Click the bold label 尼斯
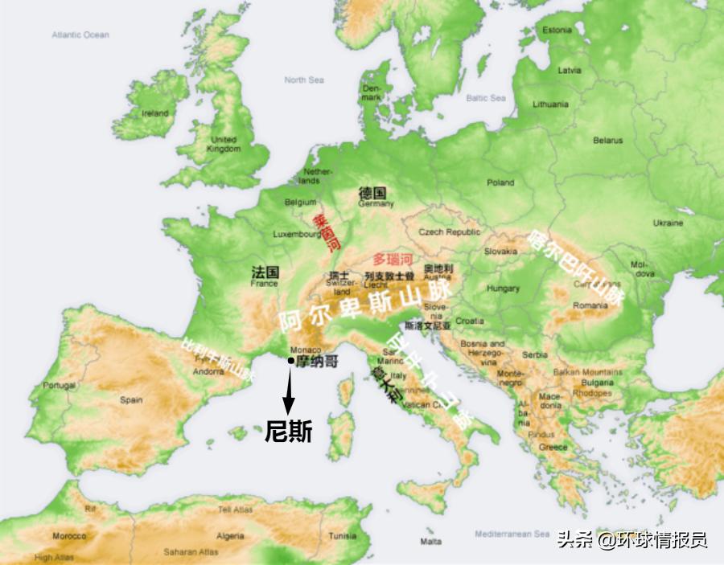click(289, 432)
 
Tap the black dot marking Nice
click(290, 362)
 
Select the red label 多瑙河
click(393, 260)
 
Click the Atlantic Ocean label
click(80, 35)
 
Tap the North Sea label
click(304, 80)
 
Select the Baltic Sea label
click(486, 98)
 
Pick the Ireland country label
click(155, 114)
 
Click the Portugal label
click(60, 386)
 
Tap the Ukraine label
click(668, 223)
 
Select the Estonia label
click(557, 31)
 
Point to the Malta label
click(430, 542)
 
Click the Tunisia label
click(343, 536)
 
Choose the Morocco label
click(69, 536)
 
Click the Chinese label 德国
click(372, 194)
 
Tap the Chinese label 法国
click(265, 272)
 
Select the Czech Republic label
click(449, 232)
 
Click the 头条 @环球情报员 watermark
click(632, 539)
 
